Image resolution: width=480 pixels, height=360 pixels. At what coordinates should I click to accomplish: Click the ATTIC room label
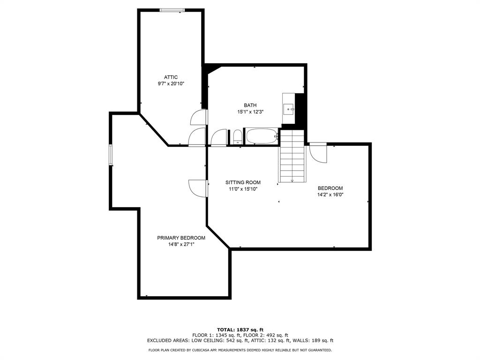171,77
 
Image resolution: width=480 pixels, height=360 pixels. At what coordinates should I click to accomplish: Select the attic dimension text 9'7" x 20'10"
171,84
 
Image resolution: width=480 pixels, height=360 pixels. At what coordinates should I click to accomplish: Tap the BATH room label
250,105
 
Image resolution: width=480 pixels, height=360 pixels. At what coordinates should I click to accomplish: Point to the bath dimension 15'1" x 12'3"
250,112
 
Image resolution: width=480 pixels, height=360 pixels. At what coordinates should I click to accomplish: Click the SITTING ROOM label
243,182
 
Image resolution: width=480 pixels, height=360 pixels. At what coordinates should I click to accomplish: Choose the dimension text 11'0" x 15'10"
243,189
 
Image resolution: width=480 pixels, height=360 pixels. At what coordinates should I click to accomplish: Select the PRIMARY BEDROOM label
181,238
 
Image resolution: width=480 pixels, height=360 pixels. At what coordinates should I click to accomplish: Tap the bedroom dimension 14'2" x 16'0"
334,195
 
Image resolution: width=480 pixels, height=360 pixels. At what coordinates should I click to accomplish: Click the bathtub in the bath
262,137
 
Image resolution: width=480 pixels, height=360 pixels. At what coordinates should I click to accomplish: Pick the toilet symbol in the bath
238,137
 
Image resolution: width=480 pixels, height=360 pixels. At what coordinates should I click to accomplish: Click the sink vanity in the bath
288,109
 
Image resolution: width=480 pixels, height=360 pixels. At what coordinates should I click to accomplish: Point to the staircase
292,157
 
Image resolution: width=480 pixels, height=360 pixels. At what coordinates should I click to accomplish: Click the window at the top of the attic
172,10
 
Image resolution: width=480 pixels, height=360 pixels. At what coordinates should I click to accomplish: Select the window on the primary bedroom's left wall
111,155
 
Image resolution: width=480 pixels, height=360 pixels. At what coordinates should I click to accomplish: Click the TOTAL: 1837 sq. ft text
240,330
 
